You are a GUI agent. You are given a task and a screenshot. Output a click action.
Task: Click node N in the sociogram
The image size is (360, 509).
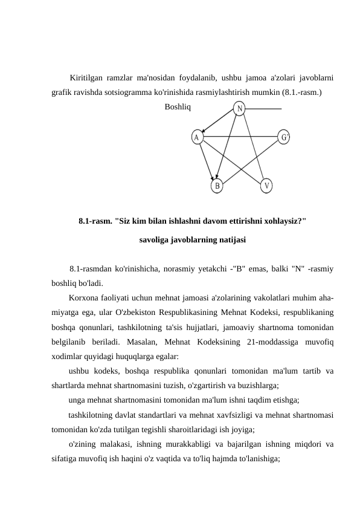click(240, 109)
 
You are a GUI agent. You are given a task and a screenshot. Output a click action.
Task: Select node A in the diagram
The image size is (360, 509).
click(197, 137)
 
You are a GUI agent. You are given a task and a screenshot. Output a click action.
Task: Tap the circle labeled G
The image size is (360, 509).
click(284, 137)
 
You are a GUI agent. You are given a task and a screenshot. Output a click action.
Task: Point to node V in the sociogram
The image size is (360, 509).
click(267, 184)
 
